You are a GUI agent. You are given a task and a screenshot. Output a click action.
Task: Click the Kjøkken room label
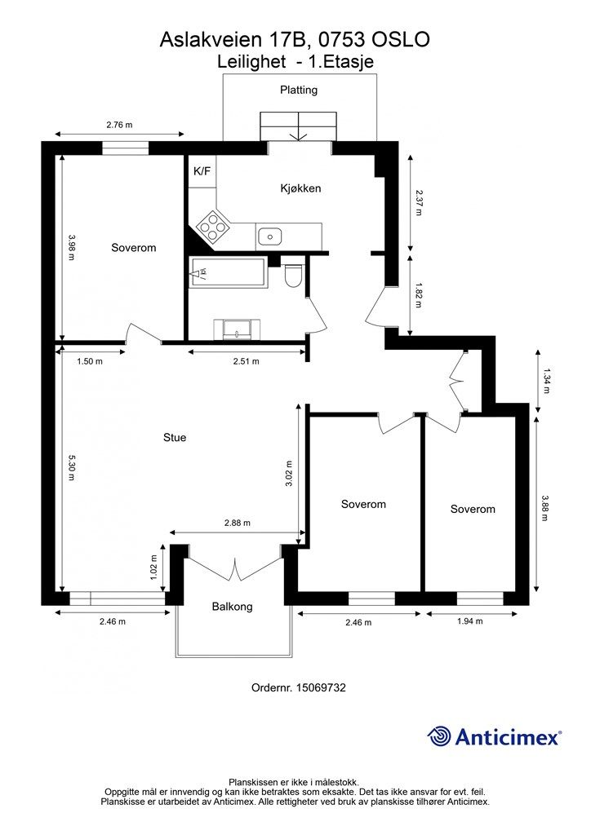(300, 188)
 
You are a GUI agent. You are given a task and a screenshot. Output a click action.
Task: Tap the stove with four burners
(213, 228)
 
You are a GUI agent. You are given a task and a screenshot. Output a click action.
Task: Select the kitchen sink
(269, 236)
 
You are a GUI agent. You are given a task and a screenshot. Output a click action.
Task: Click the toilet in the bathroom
(293, 276)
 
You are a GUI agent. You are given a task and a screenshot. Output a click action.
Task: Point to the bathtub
(228, 272)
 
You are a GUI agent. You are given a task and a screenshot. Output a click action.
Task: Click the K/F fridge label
(202, 171)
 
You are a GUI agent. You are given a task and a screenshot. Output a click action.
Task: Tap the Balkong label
(232, 606)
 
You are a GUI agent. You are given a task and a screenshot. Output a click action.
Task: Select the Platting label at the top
(299, 90)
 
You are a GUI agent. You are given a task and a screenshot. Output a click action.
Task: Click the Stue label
(175, 437)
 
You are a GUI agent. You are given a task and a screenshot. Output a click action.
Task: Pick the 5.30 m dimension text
(71, 467)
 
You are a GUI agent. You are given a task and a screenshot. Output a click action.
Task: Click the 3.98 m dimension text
(71, 248)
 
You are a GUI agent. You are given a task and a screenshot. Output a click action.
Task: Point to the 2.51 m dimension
(247, 361)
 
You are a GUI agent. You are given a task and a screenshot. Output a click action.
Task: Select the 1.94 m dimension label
(470, 621)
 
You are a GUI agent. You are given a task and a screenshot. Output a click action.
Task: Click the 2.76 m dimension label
(119, 125)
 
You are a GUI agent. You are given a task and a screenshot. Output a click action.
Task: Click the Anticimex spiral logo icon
(438, 736)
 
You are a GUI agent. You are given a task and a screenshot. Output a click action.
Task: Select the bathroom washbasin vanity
(238, 329)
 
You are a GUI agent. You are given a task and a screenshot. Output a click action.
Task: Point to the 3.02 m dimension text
(289, 474)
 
